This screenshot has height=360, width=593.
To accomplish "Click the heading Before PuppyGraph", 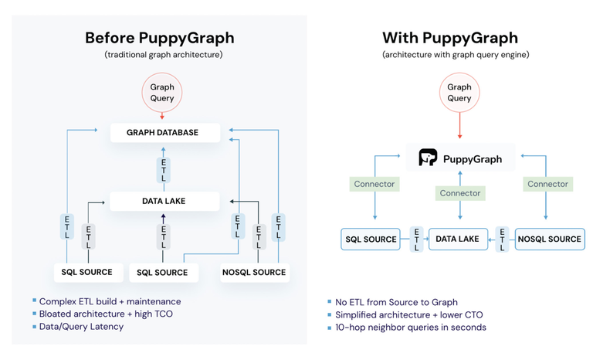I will [159, 38].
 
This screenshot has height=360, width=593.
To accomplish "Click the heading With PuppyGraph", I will [450, 38].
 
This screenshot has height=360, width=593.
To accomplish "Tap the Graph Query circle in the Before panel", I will [162, 93].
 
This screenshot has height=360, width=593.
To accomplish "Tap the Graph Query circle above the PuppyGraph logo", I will [459, 93].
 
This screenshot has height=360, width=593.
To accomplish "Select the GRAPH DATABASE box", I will [163, 132].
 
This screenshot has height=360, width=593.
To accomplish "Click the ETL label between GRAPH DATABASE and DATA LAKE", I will [163, 169].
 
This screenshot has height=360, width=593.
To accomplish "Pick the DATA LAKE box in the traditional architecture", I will [164, 201].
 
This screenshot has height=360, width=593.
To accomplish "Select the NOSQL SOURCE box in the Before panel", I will [253, 272].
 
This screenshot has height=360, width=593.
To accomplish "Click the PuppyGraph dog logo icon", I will [428, 158].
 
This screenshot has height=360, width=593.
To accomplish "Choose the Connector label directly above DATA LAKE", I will [459, 193].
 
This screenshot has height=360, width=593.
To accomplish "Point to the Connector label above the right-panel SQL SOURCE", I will [374, 184].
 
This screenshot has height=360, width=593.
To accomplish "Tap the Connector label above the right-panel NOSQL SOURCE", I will [547, 184].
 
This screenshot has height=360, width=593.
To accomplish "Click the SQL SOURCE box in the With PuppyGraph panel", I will [371, 239].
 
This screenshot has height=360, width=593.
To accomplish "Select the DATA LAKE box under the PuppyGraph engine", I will [458, 239].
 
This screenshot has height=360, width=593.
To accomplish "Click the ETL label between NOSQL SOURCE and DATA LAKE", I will [503, 239].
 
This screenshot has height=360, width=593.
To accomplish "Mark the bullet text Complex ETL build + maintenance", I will [110, 301].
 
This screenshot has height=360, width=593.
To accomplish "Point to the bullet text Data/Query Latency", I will [81, 326].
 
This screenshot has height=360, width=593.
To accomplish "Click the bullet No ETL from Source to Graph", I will [396, 302].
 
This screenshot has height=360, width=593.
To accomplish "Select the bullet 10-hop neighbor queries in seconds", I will [410, 327].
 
